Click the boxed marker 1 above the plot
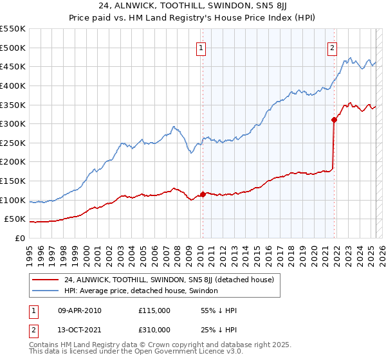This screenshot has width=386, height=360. (201, 48)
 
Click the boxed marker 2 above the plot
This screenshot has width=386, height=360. (332, 48)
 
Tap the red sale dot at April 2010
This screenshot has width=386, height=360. (203, 194)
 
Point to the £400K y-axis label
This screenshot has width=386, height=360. (13, 85)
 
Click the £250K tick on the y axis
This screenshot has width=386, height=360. (13, 143)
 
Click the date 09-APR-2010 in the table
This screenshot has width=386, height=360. (79, 310)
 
